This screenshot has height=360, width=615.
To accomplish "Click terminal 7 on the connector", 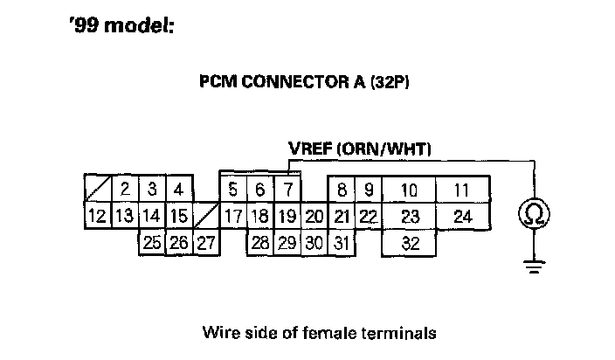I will click(x=287, y=189).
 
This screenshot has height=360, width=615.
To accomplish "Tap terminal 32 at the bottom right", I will click(x=410, y=243).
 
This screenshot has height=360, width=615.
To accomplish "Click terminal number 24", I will click(x=462, y=216).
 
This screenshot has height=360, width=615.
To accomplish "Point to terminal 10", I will click(x=409, y=190).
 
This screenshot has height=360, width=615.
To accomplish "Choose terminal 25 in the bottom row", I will click(x=152, y=243).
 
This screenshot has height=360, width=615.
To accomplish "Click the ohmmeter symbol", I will click(x=534, y=214).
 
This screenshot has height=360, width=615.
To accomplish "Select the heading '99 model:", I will click(x=121, y=27).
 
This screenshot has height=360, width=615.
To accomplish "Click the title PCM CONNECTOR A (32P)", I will click(x=305, y=83).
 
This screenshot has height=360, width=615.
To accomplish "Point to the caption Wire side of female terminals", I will click(x=318, y=333).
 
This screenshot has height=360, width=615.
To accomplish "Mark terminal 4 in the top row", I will click(x=178, y=189).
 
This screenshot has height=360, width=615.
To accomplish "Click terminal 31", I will click(x=342, y=243).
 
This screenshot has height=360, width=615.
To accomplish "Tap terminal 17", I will click(x=233, y=216).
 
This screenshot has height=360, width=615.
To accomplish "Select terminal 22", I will click(x=369, y=216).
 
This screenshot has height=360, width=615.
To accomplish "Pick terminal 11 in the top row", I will click(x=462, y=190).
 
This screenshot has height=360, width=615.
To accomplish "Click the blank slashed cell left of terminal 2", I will click(x=99, y=189).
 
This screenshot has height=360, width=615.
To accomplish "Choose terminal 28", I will click(x=259, y=243).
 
